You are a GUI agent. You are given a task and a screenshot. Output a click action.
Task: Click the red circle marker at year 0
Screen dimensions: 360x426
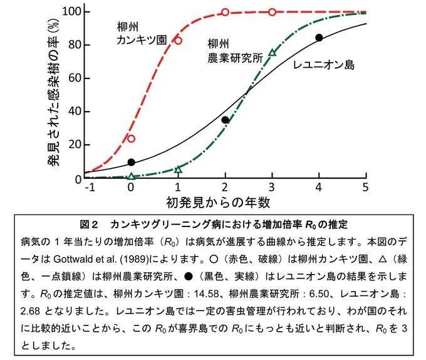coord(131,139)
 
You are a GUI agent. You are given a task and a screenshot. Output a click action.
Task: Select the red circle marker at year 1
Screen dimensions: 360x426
coord(178,41)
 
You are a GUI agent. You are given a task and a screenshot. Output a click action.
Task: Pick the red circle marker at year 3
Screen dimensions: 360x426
coord(272,12)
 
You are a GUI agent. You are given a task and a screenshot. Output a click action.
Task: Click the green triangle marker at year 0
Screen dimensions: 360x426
coord(131,177)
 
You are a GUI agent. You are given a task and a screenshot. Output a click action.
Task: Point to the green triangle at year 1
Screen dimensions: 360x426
coord(178,169)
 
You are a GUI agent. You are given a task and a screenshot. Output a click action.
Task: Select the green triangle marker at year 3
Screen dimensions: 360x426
coord(272,53)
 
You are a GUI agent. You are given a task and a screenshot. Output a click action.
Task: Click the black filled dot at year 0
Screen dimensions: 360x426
coord(131,162)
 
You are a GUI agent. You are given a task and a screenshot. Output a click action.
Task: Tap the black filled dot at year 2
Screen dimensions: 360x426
coord(226,120)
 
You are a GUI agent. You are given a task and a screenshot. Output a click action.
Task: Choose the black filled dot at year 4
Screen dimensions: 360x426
coord(319,38)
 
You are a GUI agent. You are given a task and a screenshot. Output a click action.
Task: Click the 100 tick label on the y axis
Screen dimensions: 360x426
coord(70,12)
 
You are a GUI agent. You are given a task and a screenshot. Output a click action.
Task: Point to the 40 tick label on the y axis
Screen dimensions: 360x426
coord(73,112)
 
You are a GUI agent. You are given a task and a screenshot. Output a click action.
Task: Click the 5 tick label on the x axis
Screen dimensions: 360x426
coord(366,188)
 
